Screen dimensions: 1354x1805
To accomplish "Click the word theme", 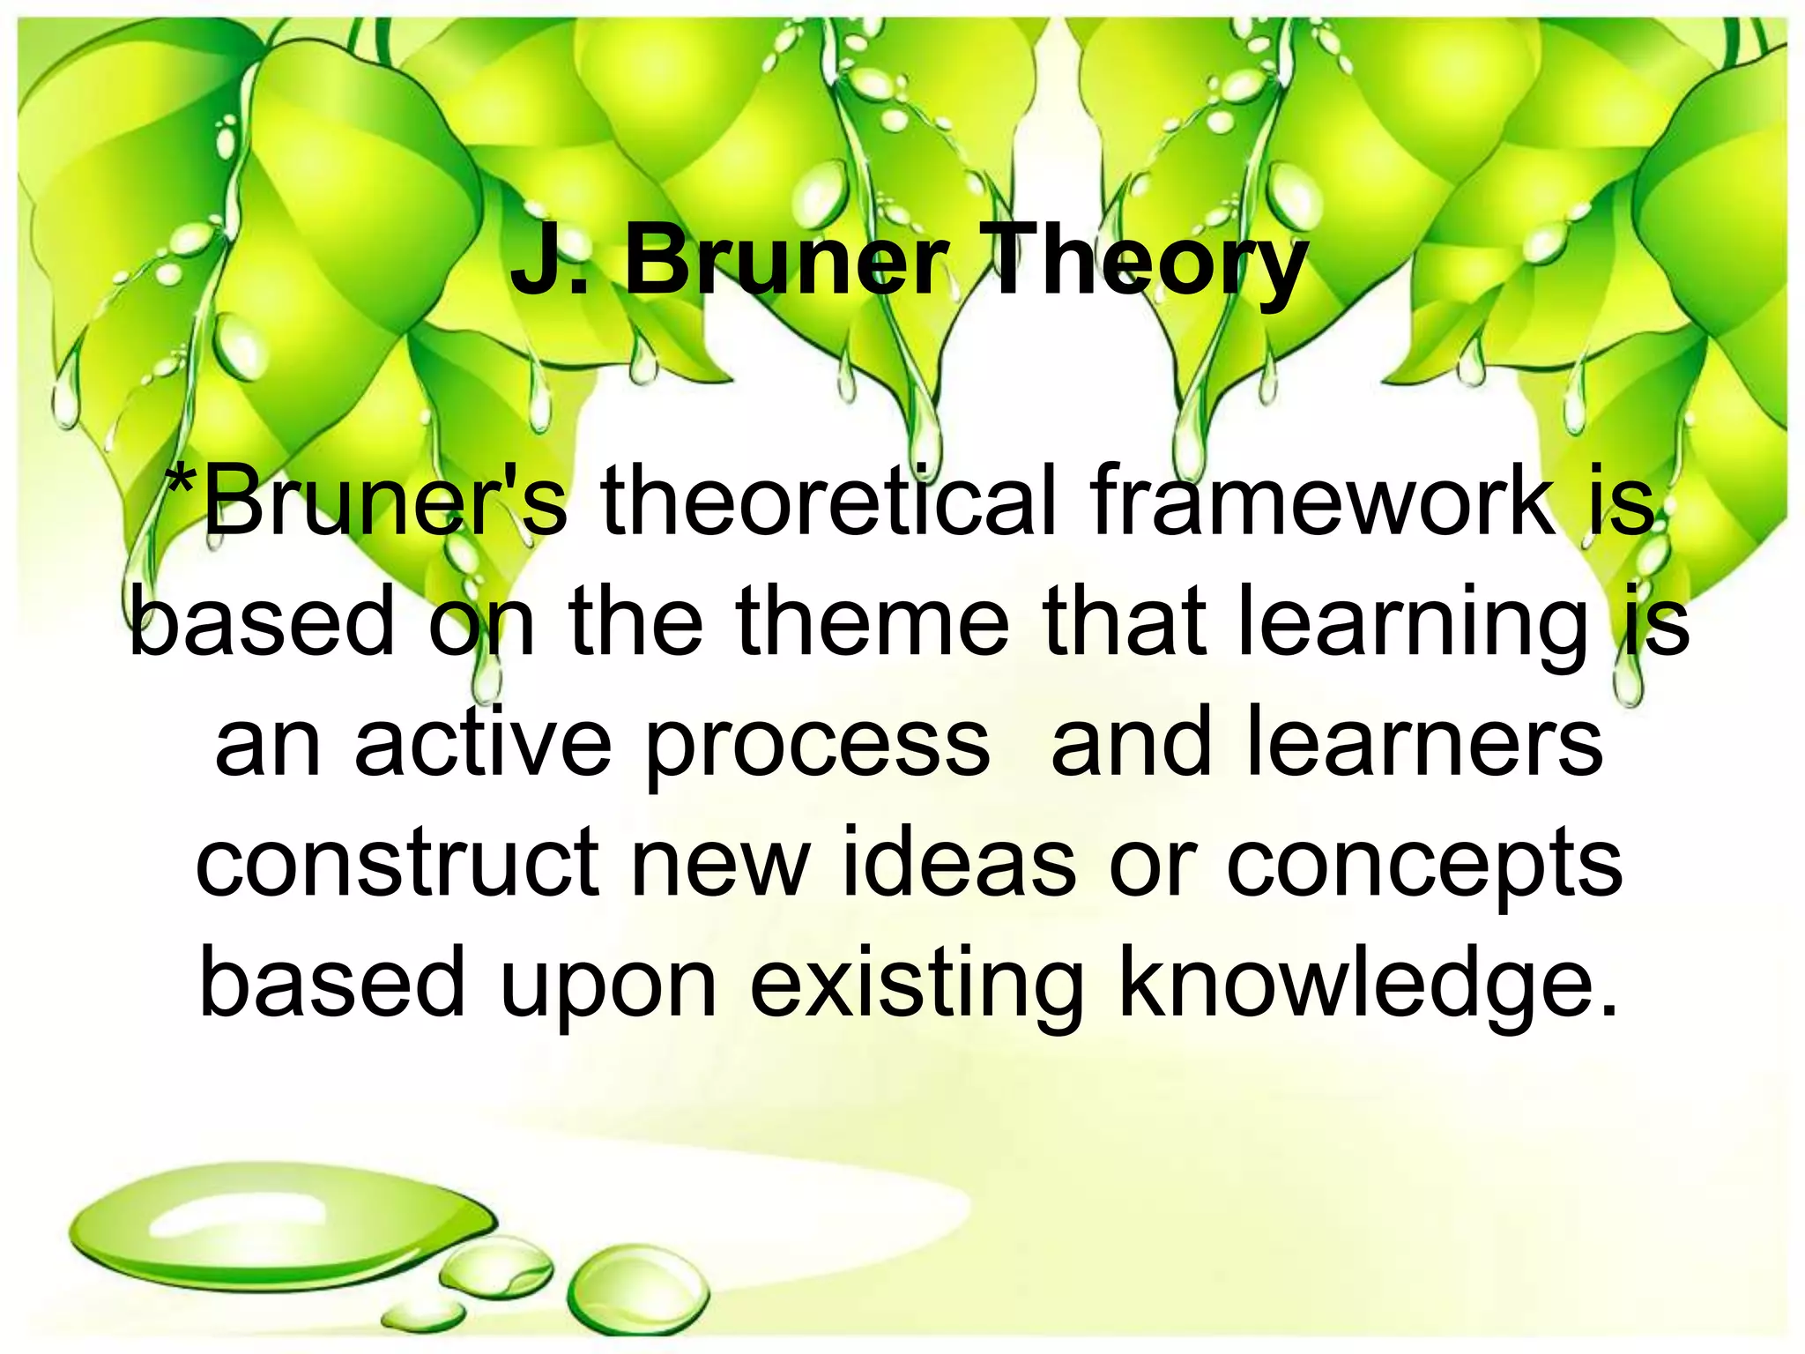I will (873, 621).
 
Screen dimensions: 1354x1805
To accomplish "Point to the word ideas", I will (959, 862).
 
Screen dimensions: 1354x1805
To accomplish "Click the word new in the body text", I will (720, 862).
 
